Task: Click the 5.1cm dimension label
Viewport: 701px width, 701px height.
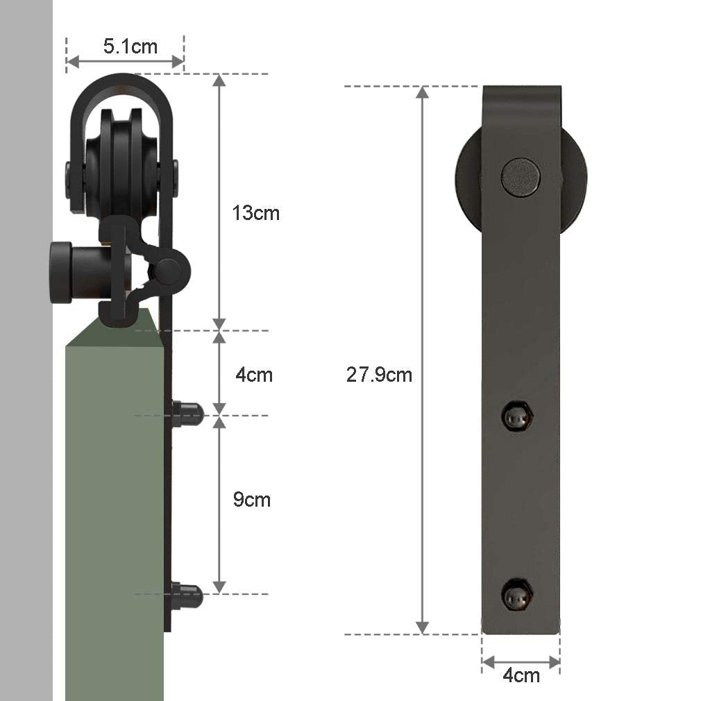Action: (x=130, y=47)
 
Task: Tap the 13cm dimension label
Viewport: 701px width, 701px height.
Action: (x=255, y=213)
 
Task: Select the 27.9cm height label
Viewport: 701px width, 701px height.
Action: (x=379, y=375)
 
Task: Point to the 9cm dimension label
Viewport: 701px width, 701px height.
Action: (x=251, y=500)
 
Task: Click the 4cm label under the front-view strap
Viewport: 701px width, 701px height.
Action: (x=521, y=675)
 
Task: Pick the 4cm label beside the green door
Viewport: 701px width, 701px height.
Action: (x=253, y=375)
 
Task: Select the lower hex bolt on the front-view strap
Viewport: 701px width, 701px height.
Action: (x=518, y=594)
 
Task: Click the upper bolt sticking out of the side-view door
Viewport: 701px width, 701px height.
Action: (x=187, y=414)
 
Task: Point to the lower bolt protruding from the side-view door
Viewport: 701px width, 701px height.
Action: (x=187, y=596)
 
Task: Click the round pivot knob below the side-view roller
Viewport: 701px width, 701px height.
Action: (x=169, y=267)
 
